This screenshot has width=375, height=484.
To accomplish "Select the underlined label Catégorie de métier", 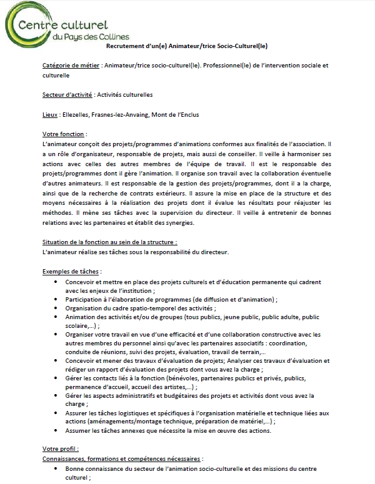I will [71, 65].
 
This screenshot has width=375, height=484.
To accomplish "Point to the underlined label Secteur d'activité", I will [67, 94].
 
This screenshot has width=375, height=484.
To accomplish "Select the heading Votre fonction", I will [64, 134].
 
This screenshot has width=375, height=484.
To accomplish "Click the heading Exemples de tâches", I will [71, 272].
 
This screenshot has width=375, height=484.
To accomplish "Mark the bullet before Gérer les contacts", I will [57, 378].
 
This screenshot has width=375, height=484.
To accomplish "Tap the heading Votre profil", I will [59, 448].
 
